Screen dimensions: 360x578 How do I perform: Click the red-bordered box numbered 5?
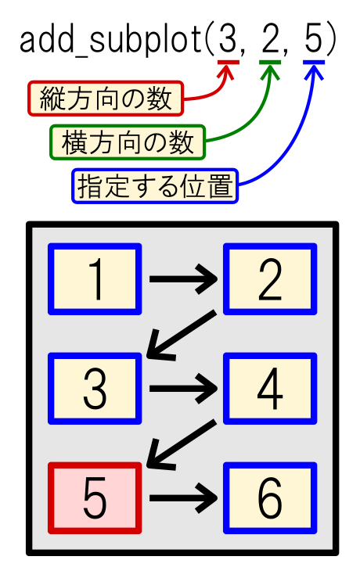95,497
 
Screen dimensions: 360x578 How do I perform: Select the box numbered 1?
95,278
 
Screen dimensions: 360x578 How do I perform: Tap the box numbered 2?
270,278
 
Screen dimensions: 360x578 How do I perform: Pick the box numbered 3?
95,389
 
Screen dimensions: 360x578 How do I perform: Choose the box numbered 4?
270,389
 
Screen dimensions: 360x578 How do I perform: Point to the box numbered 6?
270,497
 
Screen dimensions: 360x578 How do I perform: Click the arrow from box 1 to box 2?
183,279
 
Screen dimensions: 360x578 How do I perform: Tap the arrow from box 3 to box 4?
183,389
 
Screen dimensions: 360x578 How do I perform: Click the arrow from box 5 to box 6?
183,498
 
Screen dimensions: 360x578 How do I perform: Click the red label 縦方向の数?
106,99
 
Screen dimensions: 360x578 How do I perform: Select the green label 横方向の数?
128,142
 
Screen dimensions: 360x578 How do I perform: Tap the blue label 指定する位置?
155,186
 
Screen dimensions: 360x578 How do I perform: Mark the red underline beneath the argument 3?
229,62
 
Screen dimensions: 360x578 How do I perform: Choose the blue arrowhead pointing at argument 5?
314,72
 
